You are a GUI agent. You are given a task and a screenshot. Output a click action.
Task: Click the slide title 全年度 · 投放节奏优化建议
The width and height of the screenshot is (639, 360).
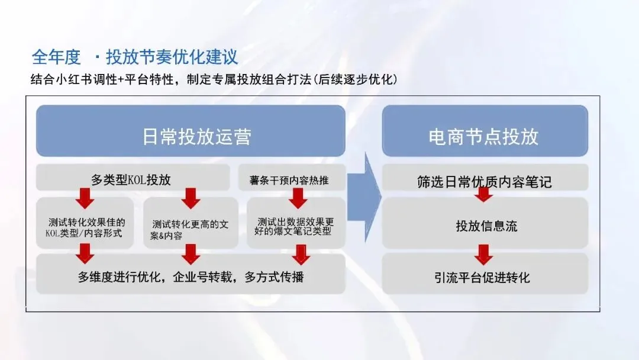[135, 57]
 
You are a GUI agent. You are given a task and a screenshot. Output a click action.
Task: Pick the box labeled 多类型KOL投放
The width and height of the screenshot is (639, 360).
[133, 177]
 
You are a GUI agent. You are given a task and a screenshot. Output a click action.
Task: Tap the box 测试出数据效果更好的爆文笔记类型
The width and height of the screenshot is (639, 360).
[293, 225]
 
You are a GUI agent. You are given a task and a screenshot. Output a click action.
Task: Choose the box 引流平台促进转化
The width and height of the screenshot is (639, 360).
[485, 278]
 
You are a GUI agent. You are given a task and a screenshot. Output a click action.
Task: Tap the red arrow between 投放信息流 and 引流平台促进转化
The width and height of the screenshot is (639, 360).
[484, 255]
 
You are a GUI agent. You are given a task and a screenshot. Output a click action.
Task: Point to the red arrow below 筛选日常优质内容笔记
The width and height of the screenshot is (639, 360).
[484, 194]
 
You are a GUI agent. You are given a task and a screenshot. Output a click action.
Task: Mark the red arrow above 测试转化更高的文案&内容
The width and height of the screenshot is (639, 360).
[191, 198]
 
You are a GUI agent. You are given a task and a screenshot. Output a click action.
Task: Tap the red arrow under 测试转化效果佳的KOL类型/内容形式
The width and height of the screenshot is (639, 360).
[85, 253]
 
